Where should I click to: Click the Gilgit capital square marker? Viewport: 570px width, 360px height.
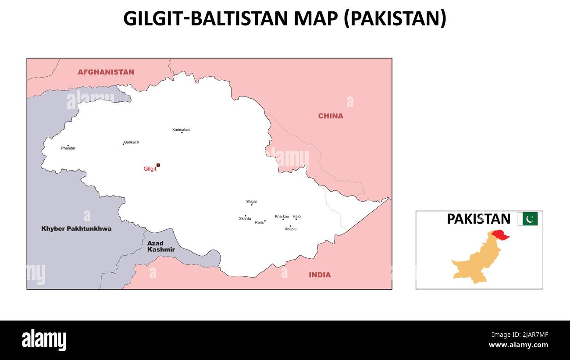tap(158, 165)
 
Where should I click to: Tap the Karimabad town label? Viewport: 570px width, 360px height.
tap(181, 130)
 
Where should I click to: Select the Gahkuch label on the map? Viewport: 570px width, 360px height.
tap(131, 143)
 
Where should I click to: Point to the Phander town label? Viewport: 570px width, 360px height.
tap(68, 148)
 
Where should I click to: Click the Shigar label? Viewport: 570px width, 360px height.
tap(251, 202)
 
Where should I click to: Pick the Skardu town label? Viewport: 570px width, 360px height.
tap(245, 218)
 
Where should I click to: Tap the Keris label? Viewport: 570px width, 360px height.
tap(260, 223)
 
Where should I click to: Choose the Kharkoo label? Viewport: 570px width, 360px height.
tap(282, 217)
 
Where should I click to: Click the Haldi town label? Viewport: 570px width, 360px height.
tap(297, 217)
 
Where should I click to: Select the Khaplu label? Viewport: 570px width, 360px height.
tap(290, 229)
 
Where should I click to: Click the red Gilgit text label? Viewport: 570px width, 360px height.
tap(150, 169)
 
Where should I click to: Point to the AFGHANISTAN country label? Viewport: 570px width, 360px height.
tap(106, 72)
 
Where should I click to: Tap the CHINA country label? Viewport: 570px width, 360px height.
tap(331, 116)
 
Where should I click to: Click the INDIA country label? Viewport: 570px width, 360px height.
tap(320, 275)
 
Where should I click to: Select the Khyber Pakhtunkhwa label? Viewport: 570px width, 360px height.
tap(76, 229)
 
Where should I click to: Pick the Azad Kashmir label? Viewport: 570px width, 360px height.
tap(160, 246)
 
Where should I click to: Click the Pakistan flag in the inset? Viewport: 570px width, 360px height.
tap(527, 219)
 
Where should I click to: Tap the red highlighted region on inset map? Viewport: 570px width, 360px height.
tap(500, 235)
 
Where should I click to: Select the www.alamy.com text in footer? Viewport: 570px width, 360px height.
tap(518, 345)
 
